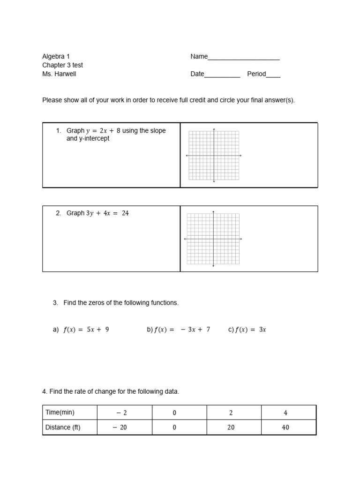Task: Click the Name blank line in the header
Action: point(243,57)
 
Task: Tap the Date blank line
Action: point(222,75)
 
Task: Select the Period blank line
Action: point(273,75)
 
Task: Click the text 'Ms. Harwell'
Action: point(59,74)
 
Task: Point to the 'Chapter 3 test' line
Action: point(62,65)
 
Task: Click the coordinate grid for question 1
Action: point(214,155)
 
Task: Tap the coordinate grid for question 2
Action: point(213,239)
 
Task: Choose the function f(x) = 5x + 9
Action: point(86,330)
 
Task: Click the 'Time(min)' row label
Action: point(60,412)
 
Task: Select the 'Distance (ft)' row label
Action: point(63,427)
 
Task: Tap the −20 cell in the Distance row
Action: point(121,427)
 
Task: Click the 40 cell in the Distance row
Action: point(285,427)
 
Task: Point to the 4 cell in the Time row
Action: point(285,413)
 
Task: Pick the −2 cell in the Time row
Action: point(121,413)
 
